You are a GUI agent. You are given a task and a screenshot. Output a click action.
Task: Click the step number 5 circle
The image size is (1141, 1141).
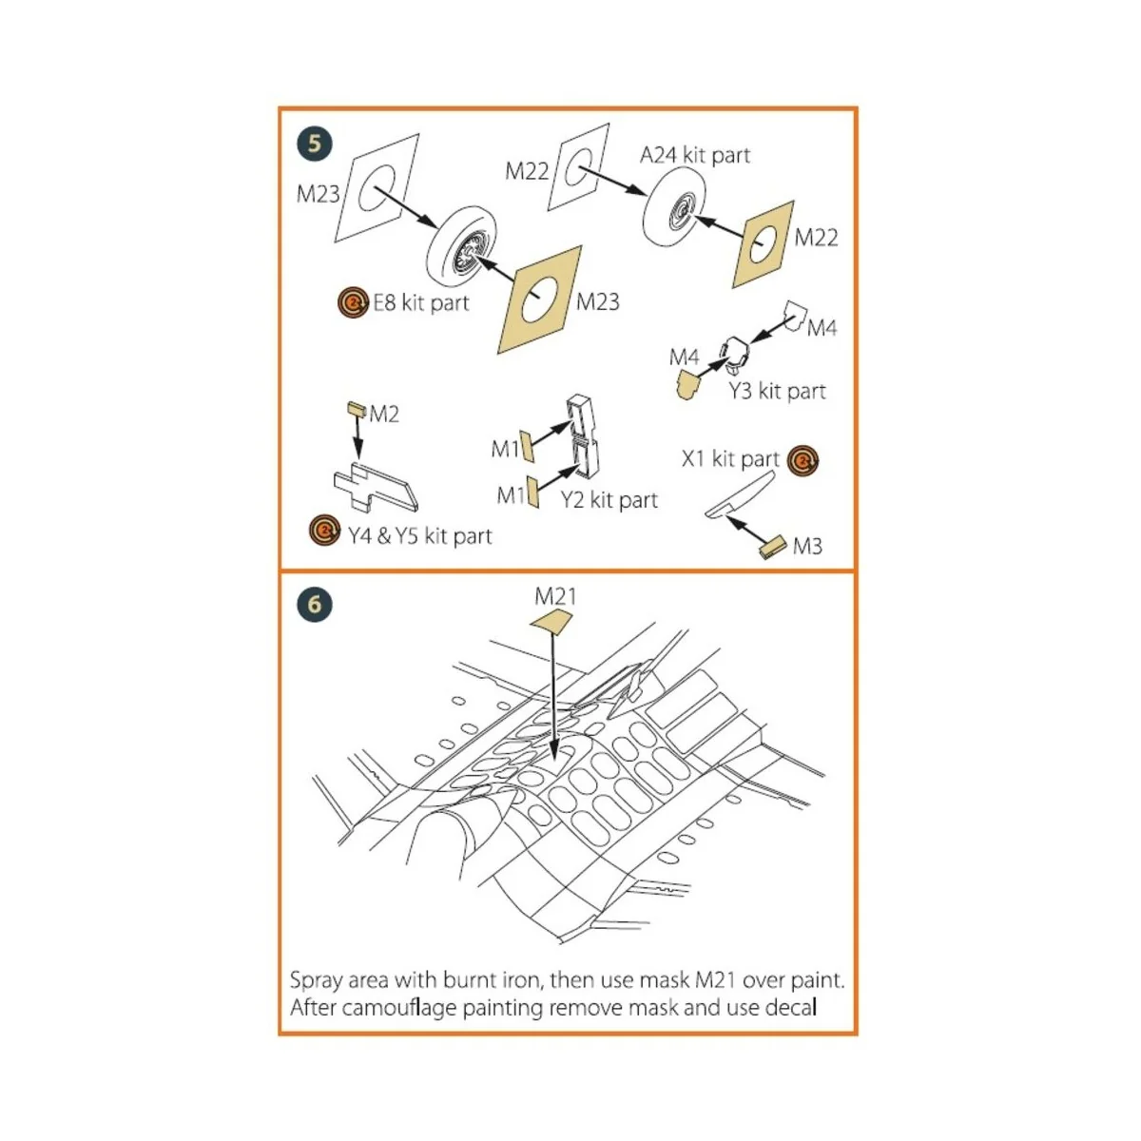315,145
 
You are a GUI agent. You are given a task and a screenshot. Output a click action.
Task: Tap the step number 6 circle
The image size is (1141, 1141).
315,604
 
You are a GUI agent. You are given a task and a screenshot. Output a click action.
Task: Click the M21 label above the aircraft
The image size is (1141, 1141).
555,596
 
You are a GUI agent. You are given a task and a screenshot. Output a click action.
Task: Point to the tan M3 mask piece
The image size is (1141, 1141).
772,546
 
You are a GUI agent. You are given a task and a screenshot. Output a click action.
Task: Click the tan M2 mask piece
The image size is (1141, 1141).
357,410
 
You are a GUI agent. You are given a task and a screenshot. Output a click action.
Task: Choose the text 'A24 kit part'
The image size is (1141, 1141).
695,155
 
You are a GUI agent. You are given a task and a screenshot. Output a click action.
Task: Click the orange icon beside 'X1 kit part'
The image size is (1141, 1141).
803,461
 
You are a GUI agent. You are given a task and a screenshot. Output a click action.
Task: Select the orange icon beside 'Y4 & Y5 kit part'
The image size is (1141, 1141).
326,531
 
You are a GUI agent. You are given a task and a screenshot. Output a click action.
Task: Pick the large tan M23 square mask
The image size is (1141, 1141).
540,300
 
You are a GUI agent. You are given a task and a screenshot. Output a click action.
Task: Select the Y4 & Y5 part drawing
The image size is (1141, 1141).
377,486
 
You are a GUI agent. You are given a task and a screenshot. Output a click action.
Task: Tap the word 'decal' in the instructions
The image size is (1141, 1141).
791,1007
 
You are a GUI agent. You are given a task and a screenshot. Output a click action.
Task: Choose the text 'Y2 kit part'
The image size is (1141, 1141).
609,500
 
